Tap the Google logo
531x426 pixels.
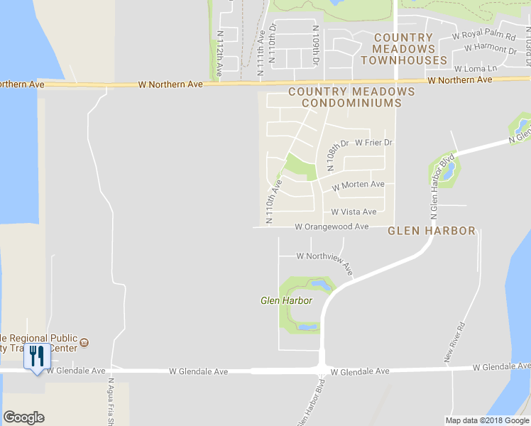click(23, 417)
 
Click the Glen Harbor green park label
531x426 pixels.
click(286, 301)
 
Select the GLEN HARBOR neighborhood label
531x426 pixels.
click(431, 231)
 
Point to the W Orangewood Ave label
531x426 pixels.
click(332, 226)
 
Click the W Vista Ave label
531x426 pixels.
click(354, 212)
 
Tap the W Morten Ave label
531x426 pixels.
click(358, 185)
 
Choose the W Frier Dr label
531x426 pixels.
click(373, 143)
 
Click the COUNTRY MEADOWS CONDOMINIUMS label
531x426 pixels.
click(351, 97)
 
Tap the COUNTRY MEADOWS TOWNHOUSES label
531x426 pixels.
click(403, 49)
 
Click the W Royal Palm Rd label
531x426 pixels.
click(482, 34)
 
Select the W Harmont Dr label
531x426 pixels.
click(490, 49)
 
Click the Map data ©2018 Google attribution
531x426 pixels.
click(487, 420)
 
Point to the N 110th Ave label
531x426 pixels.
click(274, 202)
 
